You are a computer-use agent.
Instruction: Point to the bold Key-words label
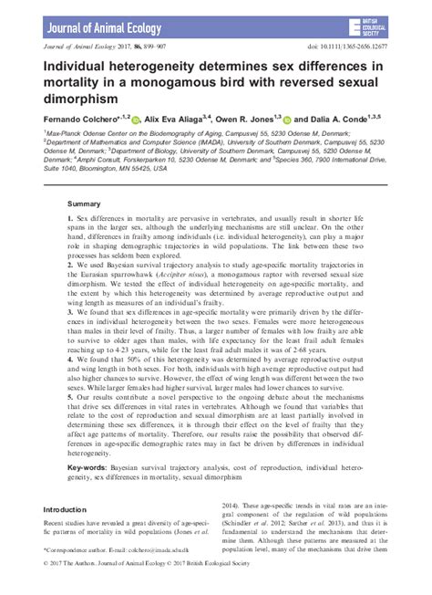click(91, 466)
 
